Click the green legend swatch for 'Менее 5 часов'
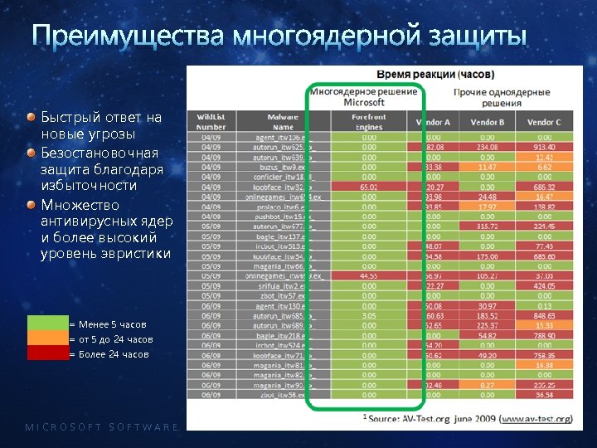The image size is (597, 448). coord(47,324)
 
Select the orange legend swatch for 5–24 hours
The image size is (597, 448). coord(47,338)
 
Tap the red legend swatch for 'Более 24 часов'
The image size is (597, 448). coord(47,353)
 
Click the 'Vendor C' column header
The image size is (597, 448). coord(544,122)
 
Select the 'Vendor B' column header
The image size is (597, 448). coord(488,122)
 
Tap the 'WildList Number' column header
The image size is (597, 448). coord(211,122)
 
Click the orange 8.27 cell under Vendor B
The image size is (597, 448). coord(488,385)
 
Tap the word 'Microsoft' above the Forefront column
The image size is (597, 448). coord(365,103)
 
